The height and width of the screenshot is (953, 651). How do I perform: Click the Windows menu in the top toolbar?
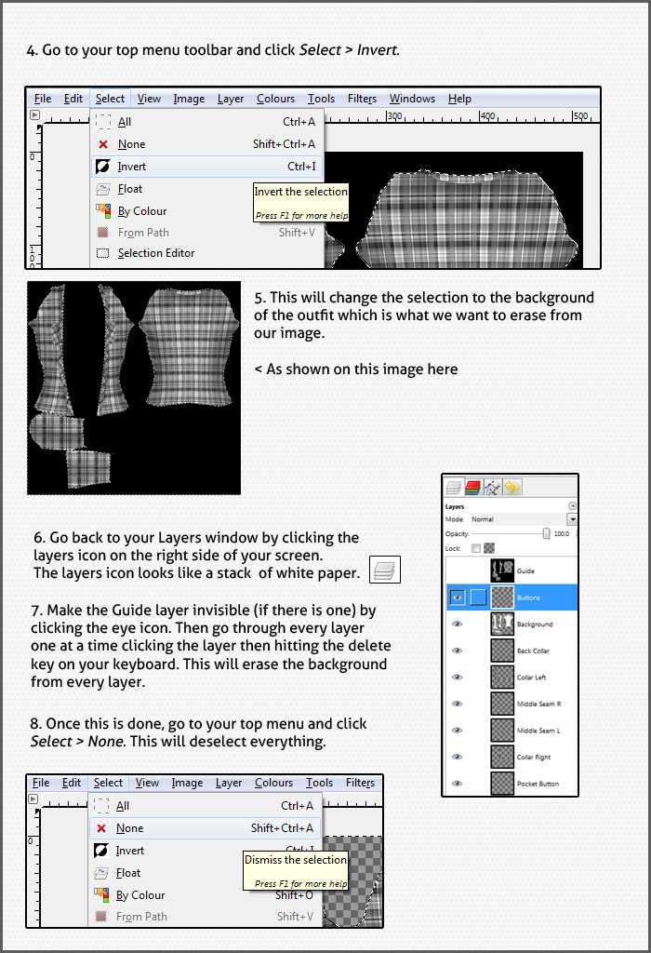click(412, 99)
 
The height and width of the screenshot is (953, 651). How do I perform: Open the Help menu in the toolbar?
click(459, 99)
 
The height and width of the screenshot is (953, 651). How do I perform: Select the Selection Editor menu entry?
click(155, 253)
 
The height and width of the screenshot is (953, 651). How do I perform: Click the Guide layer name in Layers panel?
click(525, 571)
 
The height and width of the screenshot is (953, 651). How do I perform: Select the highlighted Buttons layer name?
click(528, 597)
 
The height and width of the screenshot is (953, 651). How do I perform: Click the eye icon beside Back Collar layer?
click(457, 651)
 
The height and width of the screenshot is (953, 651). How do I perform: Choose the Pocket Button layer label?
click(538, 784)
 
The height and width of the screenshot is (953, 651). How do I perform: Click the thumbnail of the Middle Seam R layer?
click(502, 704)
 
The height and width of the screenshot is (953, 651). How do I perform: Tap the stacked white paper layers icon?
click(385, 570)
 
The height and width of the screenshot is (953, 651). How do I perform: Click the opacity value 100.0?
click(561, 534)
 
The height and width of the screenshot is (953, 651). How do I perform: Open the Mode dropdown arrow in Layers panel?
click(572, 519)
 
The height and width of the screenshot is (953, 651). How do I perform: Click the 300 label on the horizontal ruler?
click(394, 116)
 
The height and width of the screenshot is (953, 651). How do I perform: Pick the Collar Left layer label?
click(531, 678)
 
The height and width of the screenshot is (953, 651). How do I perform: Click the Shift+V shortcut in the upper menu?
click(297, 233)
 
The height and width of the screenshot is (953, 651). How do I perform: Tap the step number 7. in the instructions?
click(38, 611)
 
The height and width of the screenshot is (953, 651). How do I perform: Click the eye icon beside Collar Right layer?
click(457, 757)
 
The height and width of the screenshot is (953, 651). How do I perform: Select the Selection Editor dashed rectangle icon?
click(102, 253)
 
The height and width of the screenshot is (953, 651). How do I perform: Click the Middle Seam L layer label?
click(538, 731)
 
